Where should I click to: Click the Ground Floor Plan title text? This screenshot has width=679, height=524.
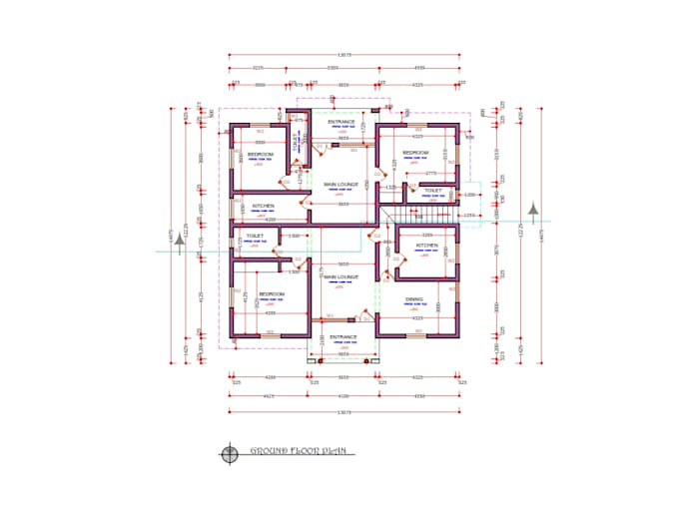(298, 452)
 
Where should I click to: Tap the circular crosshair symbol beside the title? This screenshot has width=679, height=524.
(231, 453)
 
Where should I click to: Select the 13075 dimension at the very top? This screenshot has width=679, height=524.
(344, 54)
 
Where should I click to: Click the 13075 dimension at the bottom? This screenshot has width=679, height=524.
(344, 412)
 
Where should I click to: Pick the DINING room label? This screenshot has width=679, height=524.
(413, 298)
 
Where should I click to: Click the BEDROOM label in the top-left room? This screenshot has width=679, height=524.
(261, 155)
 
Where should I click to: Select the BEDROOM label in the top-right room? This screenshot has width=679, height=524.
(415, 153)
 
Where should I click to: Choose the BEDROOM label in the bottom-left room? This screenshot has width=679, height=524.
(272, 293)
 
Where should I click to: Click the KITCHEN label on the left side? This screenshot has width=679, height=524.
(264, 206)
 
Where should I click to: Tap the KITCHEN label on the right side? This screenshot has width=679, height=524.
(426, 245)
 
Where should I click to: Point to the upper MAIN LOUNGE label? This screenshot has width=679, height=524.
(341, 185)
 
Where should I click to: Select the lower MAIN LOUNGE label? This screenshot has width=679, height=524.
(340, 276)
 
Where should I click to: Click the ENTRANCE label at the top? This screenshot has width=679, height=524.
(341, 122)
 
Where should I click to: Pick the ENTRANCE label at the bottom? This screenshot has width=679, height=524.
(343, 337)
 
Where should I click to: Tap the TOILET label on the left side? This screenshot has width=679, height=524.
(255, 237)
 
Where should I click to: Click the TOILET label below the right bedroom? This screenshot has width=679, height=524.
(432, 190)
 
